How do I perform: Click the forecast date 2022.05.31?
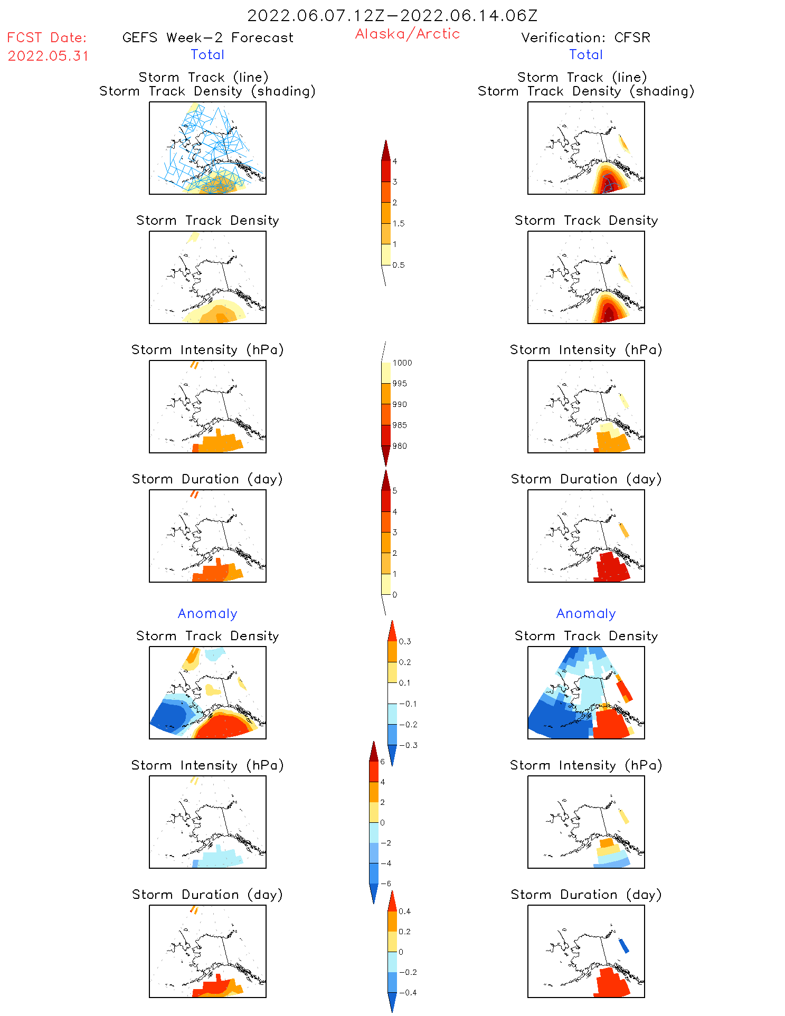(48, 56)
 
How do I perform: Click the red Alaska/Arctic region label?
(407, 34)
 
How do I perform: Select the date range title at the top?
(392, 15)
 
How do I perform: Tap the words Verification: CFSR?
(585, 37)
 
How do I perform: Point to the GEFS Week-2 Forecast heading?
(207, 37)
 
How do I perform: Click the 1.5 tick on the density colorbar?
(399, 224)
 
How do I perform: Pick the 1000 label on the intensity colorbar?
(402, 363)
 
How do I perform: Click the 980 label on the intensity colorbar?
(400, 446)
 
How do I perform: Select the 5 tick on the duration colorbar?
(395, 491)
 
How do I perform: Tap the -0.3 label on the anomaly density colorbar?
(408, 745)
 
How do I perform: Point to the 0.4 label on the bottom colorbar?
(404, 911)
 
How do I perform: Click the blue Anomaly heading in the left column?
(207, 613)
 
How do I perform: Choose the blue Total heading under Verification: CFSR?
(585, 55)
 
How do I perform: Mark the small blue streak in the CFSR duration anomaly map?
(623, 945)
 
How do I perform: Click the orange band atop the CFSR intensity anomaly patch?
(607, 843)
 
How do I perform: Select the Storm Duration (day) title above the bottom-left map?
(207, 895)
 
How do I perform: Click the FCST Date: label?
(46, 38)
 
